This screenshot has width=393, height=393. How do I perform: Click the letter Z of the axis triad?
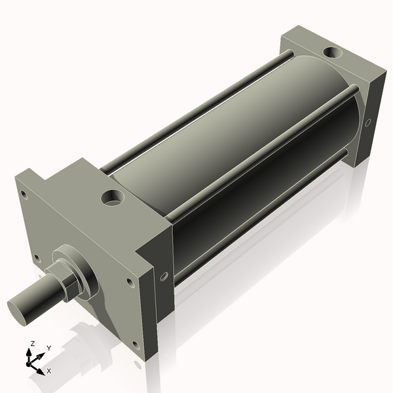pyautogui.click(x=32, y=343)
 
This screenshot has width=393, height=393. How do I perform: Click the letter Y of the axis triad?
pyautogui.click(x=48, y=348)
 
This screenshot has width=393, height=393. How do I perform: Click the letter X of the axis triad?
pyautogui.click(x=49, y=371)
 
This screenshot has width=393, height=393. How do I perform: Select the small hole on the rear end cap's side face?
pyautogui.click(x=368, y=122)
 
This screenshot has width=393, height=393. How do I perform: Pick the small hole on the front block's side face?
pyautogui.click(x=163, y=276)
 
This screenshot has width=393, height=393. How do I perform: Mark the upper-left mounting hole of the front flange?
pyautogui.click(x=24, y=195)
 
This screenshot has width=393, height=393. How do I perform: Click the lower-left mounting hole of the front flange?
pyautogui.click(x=37, y=257)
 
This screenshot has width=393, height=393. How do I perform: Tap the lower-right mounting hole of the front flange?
pyautogui.click(x=135, y=344)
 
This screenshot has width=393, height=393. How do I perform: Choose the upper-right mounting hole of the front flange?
pyautogui.click(x=129, y=282)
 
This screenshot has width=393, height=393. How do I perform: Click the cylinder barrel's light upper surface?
pyautogui.click(x=216, y=131)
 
